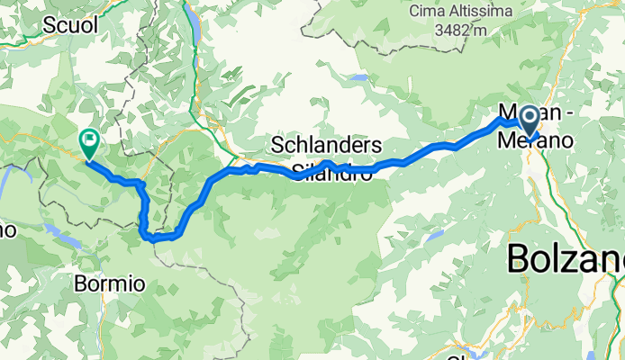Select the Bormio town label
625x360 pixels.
[110, 283]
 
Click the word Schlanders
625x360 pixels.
[328, 146]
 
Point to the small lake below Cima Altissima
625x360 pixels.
[359, 78]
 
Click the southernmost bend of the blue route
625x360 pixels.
[151, 239]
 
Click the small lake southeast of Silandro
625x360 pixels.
[436, 236]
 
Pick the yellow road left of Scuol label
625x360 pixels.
[18, 36]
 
